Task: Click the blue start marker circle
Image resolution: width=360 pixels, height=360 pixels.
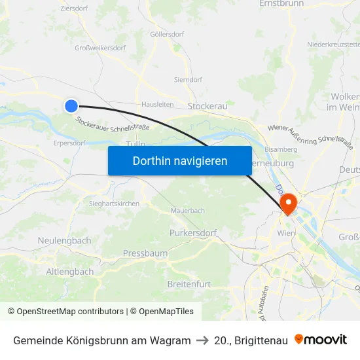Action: coord(71,105)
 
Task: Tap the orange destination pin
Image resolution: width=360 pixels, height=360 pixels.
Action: coord(288,204)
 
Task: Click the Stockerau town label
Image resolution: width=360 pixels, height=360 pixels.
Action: coord(207,106)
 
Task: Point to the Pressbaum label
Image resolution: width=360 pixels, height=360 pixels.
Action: coord(145,253)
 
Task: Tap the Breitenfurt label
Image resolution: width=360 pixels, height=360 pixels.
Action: coord(189,284)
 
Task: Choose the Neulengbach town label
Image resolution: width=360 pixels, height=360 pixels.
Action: coord(64,241)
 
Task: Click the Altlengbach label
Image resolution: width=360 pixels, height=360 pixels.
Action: coord(70,272)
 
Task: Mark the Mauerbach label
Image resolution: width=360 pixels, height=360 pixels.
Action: coord(187,211)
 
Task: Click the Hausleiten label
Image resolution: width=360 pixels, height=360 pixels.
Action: coord(158,104)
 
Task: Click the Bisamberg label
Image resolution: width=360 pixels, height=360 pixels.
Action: coord(281,149)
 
